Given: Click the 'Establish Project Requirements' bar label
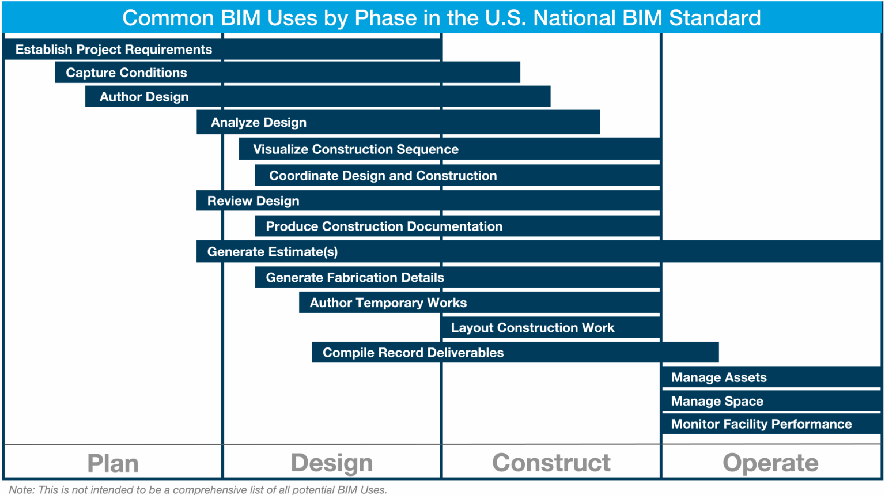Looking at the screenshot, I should click(x=114, y=50).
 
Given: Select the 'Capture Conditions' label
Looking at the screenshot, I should click(x=126, y=73).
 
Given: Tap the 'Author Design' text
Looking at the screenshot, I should click(x=144, y=97).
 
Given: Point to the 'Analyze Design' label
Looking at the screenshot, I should click(x=259, y=123).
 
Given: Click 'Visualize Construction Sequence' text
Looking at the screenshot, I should click(x=355, y=149).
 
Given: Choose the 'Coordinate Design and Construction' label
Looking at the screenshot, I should click(x=383, y=176).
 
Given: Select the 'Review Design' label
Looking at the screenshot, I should click(x=253, y=201).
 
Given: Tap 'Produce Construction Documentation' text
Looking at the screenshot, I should click(x=384, y=226).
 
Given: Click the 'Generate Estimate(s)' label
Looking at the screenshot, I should click(x=273, y=252).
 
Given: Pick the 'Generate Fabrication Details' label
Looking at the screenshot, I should click(x=355, y=278).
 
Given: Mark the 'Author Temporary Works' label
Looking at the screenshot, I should click(x=388, y=303).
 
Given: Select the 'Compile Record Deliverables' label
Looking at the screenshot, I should click(x=413, y=353).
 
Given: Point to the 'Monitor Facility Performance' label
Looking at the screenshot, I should click(x=761, y=424).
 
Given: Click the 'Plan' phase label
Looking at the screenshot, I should click(x=113, y=463).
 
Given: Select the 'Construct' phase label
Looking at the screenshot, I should click(x=551, y=463).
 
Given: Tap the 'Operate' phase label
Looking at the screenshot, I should click(x=770, y=463).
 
